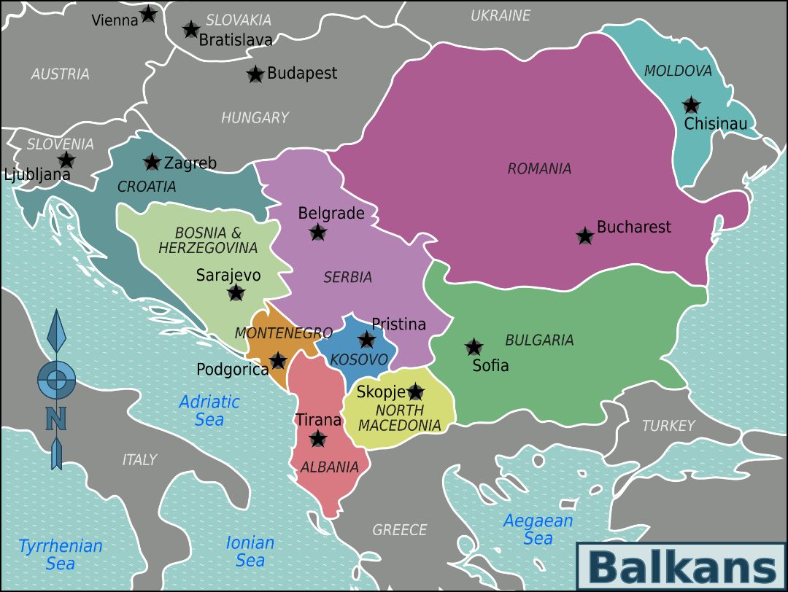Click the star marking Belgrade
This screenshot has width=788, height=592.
[x=317, y=233]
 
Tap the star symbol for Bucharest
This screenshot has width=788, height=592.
[x=584, y=235]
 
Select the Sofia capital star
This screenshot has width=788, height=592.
[x=474, y=347]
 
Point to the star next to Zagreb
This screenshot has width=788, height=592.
[x=152, y=162]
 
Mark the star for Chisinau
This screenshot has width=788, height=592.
[x=690, y=105]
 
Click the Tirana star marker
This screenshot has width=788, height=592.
[x=317, y=438]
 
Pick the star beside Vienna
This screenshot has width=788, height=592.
[x=148, y=13]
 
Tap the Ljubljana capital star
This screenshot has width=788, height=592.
[x=66, y=160]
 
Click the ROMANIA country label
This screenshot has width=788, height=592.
[x=539, y=169]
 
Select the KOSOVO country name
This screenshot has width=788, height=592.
[x=358, y=359]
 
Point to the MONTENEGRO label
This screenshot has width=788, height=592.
[x=283, y=333]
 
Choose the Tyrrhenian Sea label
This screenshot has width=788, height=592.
[x=61, y=554]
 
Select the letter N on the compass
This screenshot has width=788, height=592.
[x=56, y=418]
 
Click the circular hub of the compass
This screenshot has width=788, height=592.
[x=56, y=379]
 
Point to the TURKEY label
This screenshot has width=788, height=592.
[x=668, y=426]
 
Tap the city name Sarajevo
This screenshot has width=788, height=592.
[x=228, y=276]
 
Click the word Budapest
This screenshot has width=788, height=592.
[x=302, y=73]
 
